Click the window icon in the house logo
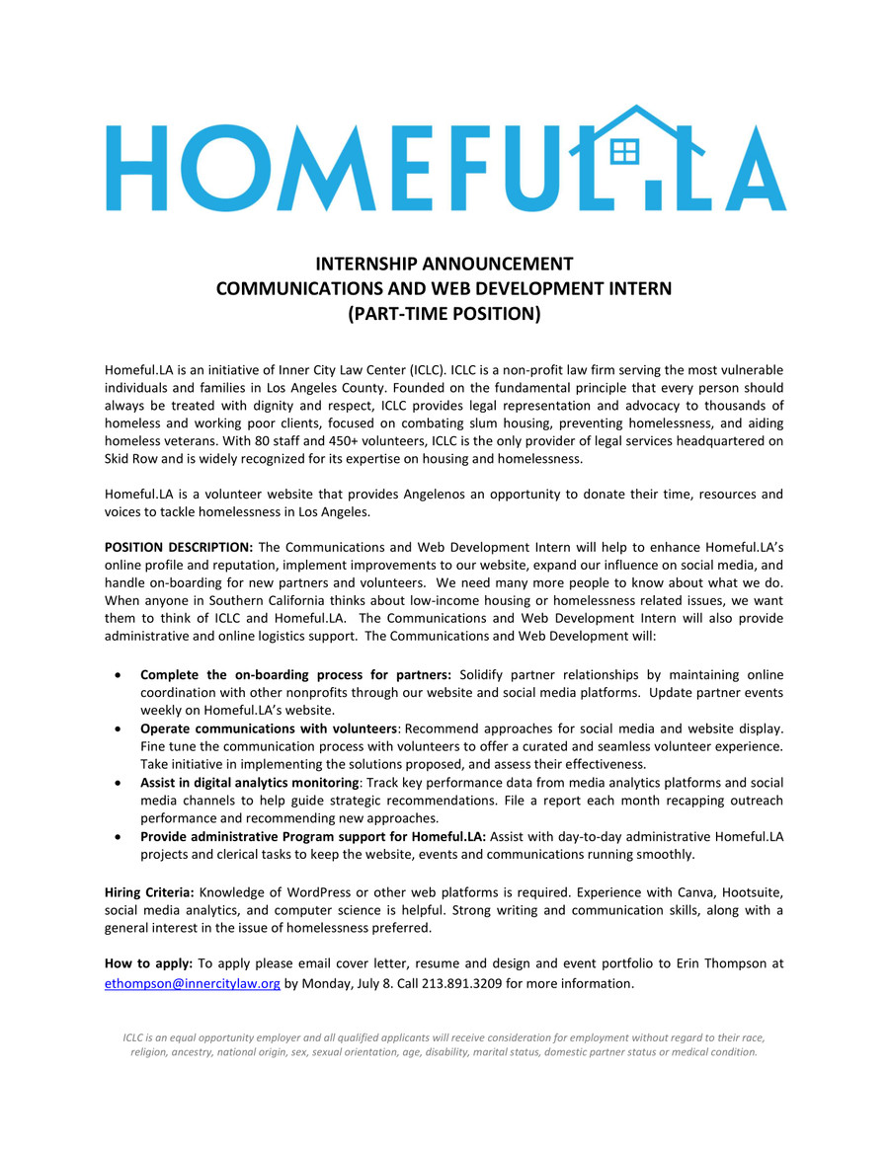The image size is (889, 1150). pos(625,151)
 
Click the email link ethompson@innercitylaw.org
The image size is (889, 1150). pos(193,983)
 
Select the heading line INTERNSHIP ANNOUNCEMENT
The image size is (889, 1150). pos(444,265)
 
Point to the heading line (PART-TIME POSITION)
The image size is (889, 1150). pos(444,314)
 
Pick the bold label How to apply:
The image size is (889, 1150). pos(148,963)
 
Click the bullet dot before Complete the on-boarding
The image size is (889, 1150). pos(119,675)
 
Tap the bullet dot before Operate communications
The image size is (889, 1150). pos(119,728)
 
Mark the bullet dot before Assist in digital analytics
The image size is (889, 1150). pos(119,783)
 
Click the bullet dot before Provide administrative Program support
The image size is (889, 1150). pos(119,836)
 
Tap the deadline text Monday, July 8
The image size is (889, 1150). pos(348,983)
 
